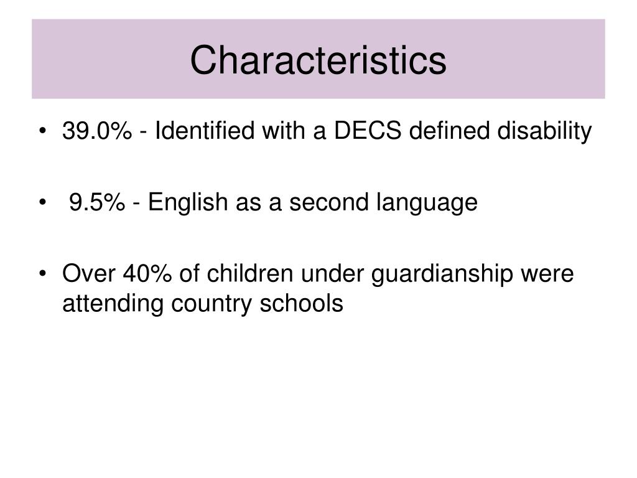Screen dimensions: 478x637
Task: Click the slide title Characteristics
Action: tap(318, 60)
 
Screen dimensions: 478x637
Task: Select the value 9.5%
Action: tap(97, 202)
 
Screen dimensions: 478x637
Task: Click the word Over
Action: tap(88, 273)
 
